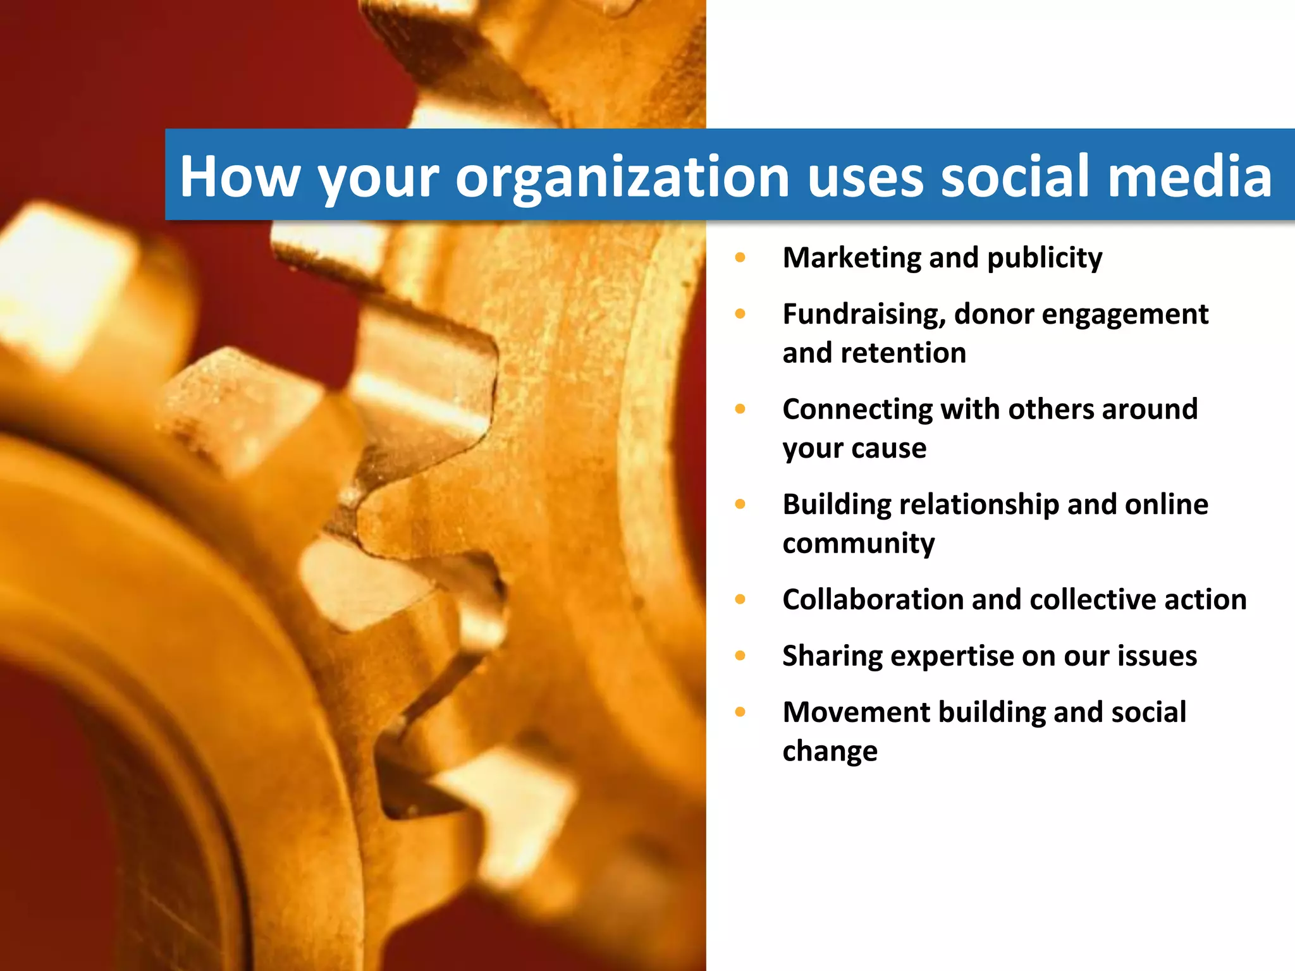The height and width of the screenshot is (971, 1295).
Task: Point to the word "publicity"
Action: [x=1045, y=258]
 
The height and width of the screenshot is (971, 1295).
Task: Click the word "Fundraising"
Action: [x=864, y=314]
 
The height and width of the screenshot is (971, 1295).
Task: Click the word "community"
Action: [x=858, y=544]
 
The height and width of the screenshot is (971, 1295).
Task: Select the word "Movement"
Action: [x=856, y=712]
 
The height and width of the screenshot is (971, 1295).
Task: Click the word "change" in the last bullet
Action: [x=830, y=752]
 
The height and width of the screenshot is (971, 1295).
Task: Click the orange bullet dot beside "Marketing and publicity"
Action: [x=740, y=258]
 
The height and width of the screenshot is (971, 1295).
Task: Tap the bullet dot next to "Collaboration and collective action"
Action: [x=740, y=599]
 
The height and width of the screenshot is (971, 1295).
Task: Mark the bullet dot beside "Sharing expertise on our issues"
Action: [x=740, y=656]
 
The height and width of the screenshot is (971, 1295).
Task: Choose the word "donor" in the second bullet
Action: [x=993, y=314]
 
